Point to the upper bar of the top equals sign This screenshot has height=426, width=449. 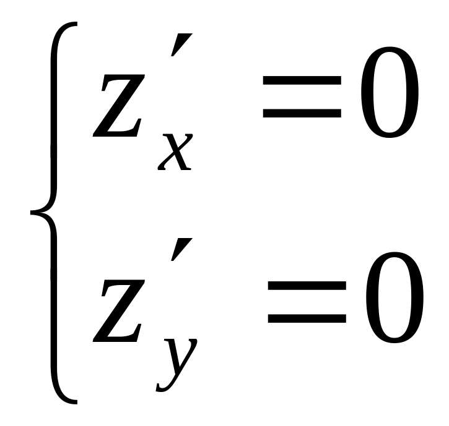(302, 80)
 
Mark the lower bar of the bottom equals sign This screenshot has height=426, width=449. (307, 319)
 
